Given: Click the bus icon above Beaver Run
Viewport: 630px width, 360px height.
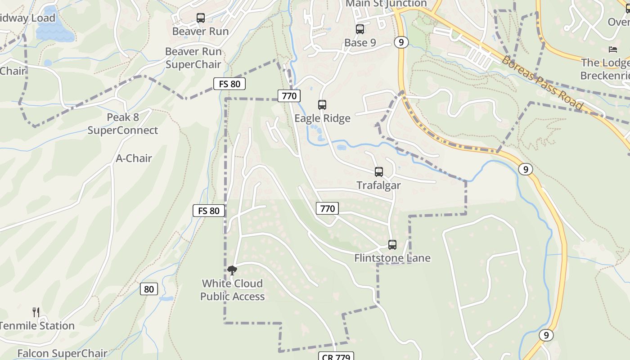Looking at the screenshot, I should coord(201,18).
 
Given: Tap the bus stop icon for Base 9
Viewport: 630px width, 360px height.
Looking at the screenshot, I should coord(360,29).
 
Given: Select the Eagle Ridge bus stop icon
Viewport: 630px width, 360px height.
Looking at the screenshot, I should coord(322,105).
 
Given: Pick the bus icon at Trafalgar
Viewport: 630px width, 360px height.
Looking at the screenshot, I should coord(379,172).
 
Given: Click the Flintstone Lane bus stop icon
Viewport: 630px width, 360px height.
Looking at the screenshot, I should coord(392,245).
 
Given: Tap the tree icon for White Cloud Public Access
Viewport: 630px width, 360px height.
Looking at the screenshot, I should coord(232,270).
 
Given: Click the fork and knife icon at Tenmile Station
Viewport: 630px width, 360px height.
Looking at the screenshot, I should coord(36,312).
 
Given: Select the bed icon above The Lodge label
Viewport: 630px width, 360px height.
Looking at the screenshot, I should coord(612,49).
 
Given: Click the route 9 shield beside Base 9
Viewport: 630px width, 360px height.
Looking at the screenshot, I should coord(401,42).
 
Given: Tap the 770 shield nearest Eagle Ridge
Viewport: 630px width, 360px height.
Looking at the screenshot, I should coord(289,95).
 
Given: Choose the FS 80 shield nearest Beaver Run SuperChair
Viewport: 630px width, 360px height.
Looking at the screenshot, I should coord(229,84).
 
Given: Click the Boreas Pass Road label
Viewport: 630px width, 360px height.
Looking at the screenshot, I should coord(542,83).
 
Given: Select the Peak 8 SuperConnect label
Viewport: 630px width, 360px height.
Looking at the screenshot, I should coord(123,124).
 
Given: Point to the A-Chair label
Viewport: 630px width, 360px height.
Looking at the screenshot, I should coord(134,158).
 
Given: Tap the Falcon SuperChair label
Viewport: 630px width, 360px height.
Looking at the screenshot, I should coord(62,353).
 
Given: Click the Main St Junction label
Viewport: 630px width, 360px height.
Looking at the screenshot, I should coord(386,4).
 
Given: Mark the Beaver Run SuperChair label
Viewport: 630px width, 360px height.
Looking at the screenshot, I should coord(193,58).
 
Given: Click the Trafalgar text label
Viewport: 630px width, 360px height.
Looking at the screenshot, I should coord(378,185).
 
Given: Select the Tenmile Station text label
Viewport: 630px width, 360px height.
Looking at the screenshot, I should coord(37,326).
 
